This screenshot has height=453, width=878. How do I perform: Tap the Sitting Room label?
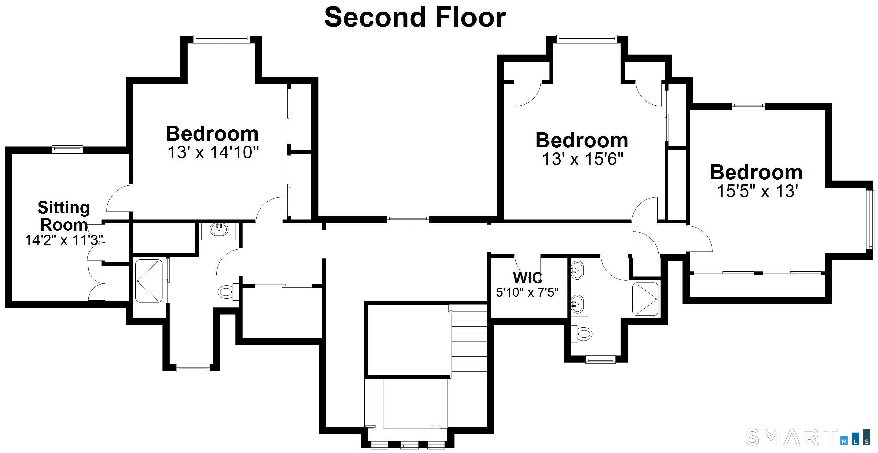(x=64, y=216)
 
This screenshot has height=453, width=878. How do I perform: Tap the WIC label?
(x=528, y=278)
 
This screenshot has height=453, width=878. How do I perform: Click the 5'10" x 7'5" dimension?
(x=527, y=292)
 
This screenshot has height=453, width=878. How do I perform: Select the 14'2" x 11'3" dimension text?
(x=64, y=240)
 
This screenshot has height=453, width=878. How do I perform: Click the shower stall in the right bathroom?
(x=645, y=299)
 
